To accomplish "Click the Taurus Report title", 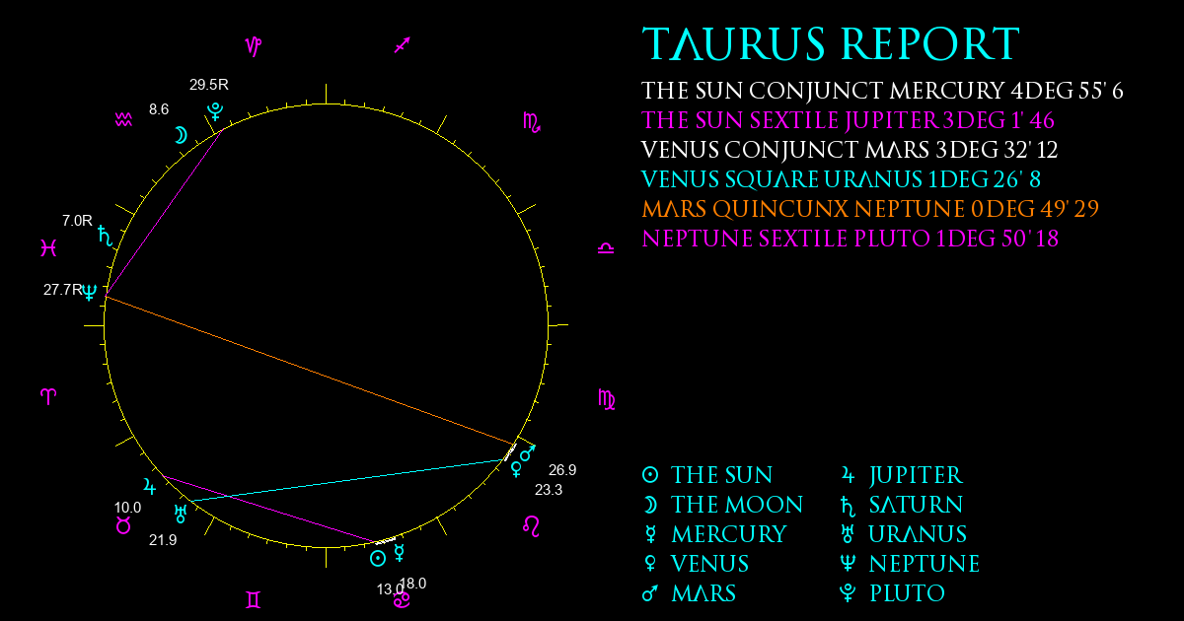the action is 831,43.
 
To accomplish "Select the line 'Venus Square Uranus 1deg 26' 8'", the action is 841,179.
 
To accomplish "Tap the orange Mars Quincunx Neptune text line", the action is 870,209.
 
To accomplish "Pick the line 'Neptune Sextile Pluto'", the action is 850,239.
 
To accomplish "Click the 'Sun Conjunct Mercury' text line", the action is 882,91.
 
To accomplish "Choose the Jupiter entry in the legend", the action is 902,475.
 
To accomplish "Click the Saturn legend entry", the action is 902,505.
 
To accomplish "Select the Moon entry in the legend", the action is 722,505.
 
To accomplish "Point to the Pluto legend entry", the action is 892,593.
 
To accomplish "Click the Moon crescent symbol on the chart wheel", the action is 181,136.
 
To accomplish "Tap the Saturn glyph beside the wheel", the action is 106,236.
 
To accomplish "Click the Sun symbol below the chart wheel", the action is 377,559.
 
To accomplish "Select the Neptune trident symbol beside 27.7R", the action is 90,292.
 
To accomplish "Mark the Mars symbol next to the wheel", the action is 528,452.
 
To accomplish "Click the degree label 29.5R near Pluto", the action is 209,85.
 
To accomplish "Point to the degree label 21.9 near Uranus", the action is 163,540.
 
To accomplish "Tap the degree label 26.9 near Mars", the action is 562,470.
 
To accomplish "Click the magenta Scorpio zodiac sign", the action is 532,122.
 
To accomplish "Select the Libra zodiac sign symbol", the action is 606,248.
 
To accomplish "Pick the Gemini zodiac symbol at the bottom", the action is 254,600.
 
